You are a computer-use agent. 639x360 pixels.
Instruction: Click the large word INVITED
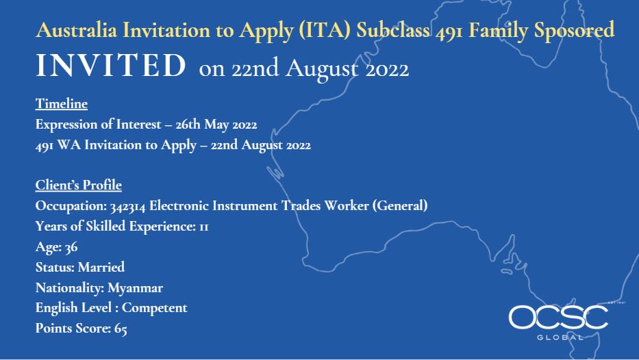[111, 66]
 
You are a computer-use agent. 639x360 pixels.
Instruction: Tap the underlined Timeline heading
[62, 104]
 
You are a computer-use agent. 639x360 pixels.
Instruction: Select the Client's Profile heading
[79, 185]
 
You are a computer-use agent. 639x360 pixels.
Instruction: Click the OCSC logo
[558, 318]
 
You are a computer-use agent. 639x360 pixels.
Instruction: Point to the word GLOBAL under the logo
[560, 337]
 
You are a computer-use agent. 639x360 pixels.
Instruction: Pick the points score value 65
[121, 329]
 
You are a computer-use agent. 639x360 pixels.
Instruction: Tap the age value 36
[71, 247]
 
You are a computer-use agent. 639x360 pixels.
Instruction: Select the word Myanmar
[136, 288]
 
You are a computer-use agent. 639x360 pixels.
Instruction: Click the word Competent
[155, 308]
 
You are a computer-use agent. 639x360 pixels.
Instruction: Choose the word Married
[101, 267]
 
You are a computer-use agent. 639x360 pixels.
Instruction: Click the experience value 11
[203, 227]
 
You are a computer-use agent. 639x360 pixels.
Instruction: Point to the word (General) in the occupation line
[400, 205]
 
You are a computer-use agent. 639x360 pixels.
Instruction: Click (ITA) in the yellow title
[325, 30]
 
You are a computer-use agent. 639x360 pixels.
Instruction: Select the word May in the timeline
[216, 125]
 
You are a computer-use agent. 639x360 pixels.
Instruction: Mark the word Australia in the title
[77, 30]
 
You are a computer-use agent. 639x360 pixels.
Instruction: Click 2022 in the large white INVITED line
[387, 70]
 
